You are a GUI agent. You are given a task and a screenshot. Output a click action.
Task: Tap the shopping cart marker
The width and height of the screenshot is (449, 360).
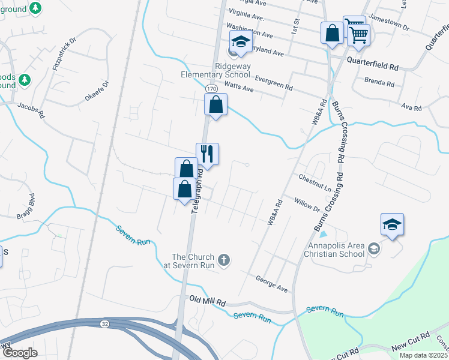pyautogui.click(x=358, y=35)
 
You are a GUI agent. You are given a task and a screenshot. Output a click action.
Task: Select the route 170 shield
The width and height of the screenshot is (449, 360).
pyautogui.click(x=211, y=89)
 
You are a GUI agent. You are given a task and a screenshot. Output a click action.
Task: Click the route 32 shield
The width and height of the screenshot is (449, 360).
pyautogui.click(x=105, y=323)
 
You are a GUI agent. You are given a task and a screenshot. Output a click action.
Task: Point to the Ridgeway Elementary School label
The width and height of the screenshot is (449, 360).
pyautogui.click(x=216, y=70)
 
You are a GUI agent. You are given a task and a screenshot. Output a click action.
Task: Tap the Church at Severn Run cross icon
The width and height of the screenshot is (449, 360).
pyautogui.click(x=224, y=260)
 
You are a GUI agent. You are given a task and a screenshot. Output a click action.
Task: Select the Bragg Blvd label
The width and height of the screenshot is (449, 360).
pyautogui.click(x=28, y=205)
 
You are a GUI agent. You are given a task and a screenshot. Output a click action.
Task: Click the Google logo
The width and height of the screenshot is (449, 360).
pyautogui.click(x=19, y=353)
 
